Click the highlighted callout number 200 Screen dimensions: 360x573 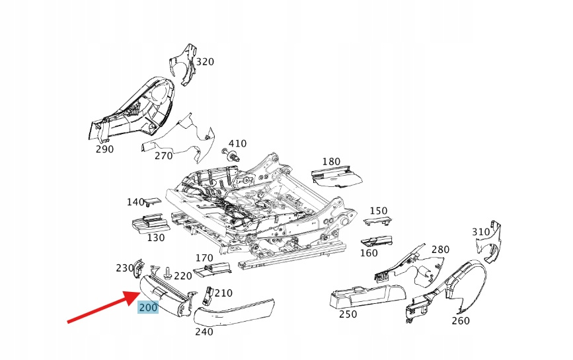click(148, 307)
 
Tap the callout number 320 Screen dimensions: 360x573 click(205, 62)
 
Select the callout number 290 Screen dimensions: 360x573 click(104, 149)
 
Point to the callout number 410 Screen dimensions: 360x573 click(237, 143)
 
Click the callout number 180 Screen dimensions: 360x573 click(331, 162)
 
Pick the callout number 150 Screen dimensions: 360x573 click(379, 211)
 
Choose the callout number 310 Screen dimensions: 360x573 click(480, 232)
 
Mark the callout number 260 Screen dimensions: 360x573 click(460, 321)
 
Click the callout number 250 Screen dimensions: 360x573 click(348, 314)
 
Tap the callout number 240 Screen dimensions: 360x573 click(204, 332)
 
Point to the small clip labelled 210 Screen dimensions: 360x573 click(206, 295)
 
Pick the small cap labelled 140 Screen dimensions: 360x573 click(153, 202)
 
